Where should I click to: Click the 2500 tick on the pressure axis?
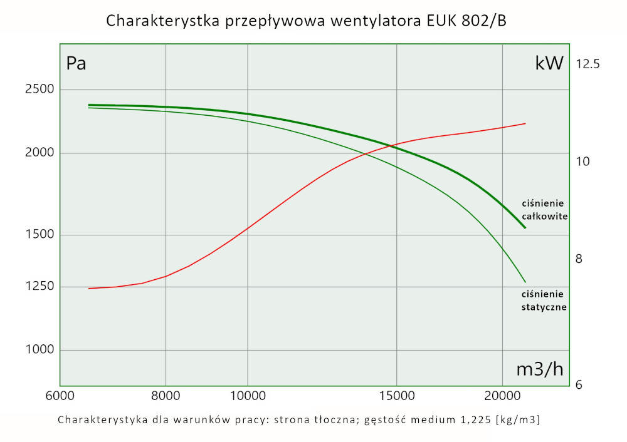click(x=39, y=90)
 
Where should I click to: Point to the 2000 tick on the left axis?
click(x=39, y=153)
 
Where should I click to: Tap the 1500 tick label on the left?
click(x=39, y=235)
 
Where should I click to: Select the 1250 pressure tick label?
click(x=39, y=287)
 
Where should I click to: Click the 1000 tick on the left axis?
click(x=39, y=350)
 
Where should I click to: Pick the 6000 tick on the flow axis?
click(x=60, y=396)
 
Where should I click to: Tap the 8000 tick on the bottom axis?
click(x=166, y=396)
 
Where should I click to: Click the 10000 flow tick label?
click(x=248, y=396)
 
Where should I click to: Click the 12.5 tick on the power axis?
click(x=588, y=64)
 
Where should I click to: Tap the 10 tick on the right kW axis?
click(x=583, y=162)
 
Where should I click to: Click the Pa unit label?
click(x=76, y=64)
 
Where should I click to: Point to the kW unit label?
click(x=549, y=63)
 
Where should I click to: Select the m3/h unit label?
click(x=539, y=369)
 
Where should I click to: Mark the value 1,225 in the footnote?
click(x=474, y=419)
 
